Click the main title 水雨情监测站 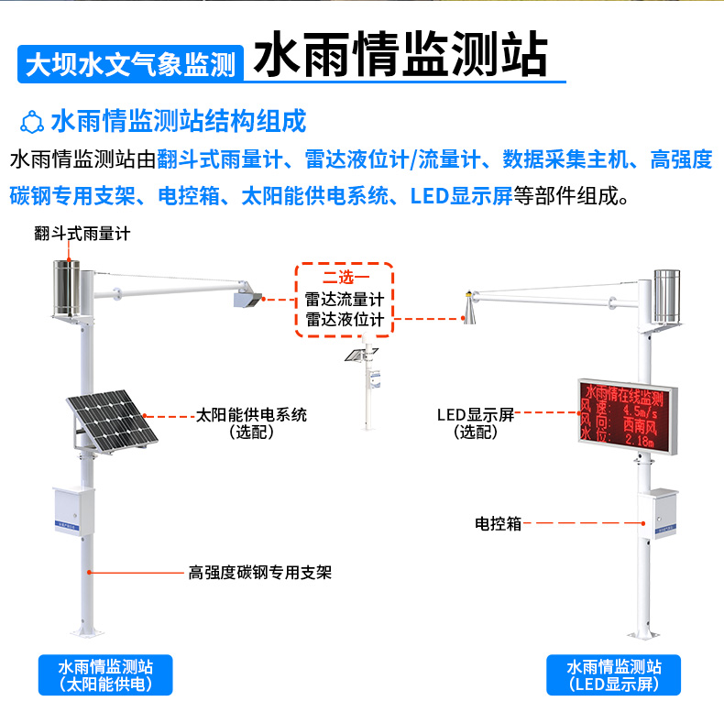[x=400, y=57]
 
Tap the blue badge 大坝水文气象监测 [x=130, y=64]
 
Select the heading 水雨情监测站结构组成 [x=178, y=121]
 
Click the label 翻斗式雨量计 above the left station [x=82, y=234]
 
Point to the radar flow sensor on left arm [x=247, y=299]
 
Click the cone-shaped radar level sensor [x=469, y=312]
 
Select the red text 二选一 [x=345, y=279]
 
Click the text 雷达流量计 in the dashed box [x=345, y=300]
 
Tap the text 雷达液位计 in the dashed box [x=345, y=320]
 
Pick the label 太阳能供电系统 [x=252, y=415]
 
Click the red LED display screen [x=628, y=417]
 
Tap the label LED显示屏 [x=476, y=415]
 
